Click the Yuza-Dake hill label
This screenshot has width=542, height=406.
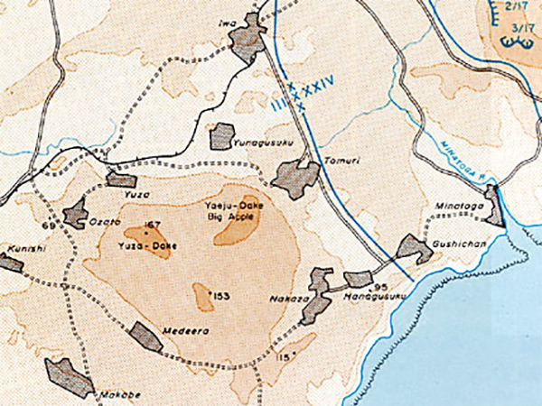point(146,245)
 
